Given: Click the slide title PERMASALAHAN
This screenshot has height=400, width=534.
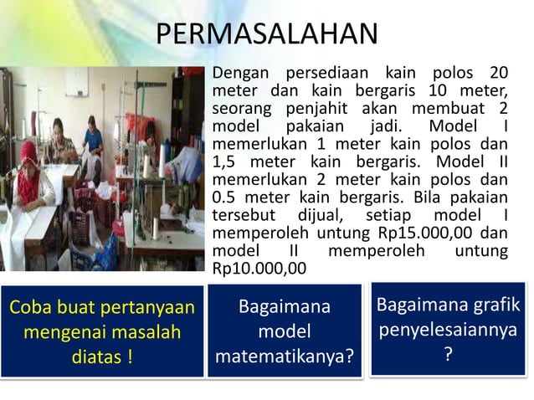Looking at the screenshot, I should tap(267, 35).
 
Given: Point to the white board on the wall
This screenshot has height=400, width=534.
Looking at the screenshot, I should tap(77, 82).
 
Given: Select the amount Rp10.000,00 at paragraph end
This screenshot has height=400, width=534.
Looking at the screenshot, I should tap(259, 269).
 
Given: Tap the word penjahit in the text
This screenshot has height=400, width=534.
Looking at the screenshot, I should tap(317, 110).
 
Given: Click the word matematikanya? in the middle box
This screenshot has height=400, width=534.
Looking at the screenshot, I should tap(285, 358).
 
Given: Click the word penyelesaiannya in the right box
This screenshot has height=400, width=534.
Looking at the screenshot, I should tap(449, 331).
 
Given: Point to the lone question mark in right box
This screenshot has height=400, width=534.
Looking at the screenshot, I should tap(449, 356).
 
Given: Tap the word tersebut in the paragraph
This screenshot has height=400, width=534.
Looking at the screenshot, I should tap(243, 216).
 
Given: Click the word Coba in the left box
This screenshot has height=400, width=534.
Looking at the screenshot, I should tap(30, 307).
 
